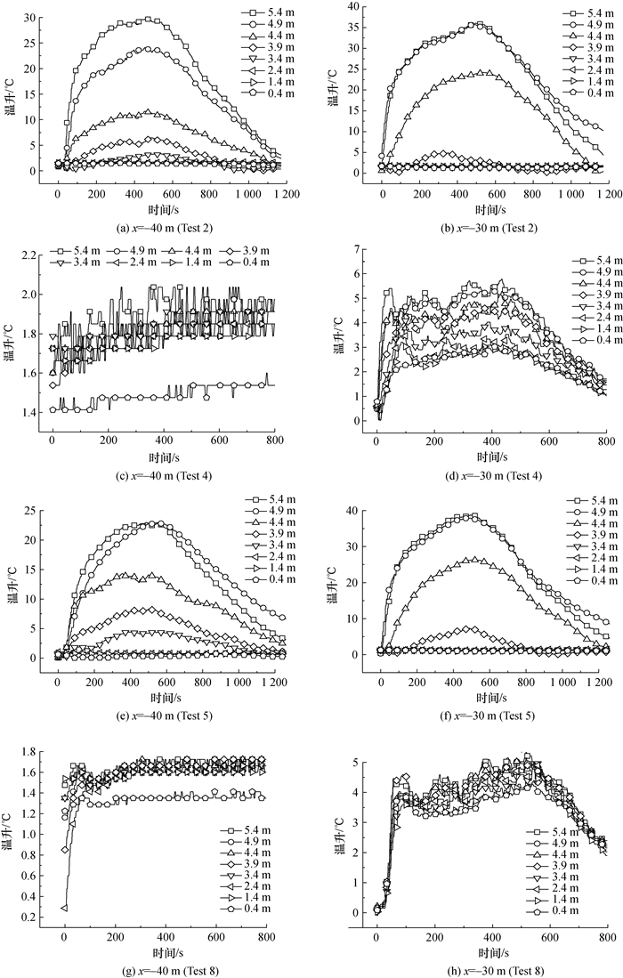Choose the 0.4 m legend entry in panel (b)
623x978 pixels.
click(585, 93)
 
